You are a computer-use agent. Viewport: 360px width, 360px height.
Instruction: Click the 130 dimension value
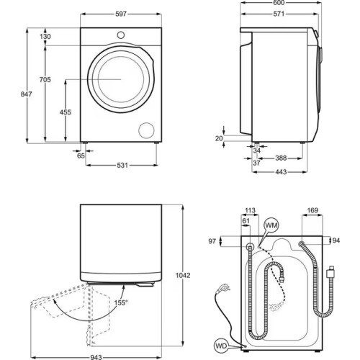45,37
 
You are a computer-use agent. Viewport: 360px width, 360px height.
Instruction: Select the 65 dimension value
81,156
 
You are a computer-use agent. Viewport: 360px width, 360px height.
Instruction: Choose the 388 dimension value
283,158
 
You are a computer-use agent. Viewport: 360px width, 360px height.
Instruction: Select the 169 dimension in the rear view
312,211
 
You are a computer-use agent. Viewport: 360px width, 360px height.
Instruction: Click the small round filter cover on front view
146,130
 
